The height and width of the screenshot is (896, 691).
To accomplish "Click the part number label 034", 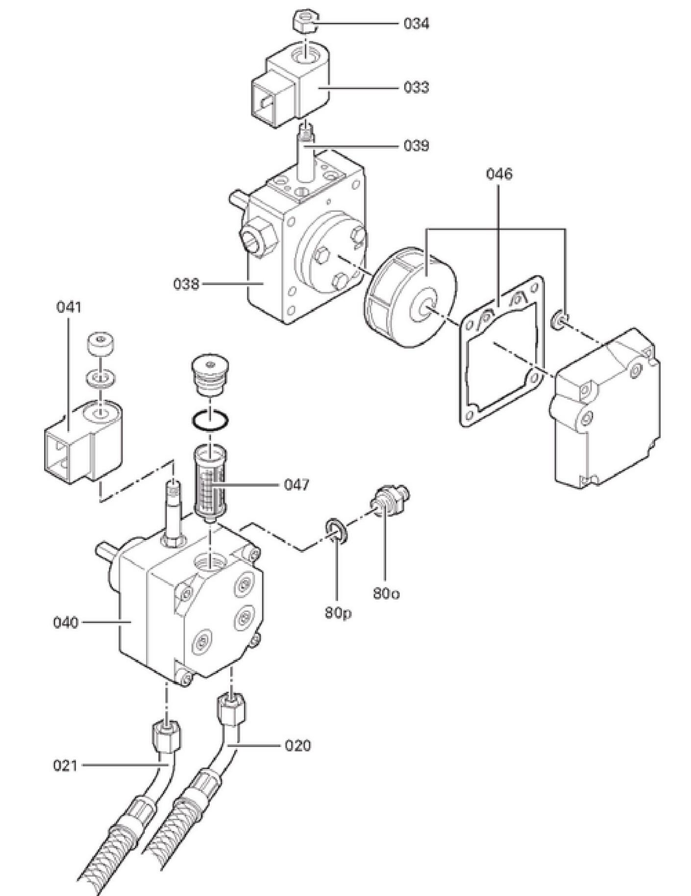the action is point(416,24).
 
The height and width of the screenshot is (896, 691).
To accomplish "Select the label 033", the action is point(416,87).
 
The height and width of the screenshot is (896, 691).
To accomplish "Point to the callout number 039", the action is point(416,146).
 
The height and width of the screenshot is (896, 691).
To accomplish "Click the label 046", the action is point(499,174).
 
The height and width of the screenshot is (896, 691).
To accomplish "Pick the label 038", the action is point(186,284).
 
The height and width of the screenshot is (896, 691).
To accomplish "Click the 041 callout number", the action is point(69,307).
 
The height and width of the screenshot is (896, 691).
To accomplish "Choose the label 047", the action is point(296,485).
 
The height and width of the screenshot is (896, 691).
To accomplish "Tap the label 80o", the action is point(386,593).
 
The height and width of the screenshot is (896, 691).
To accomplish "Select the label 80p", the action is point(338,613).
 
